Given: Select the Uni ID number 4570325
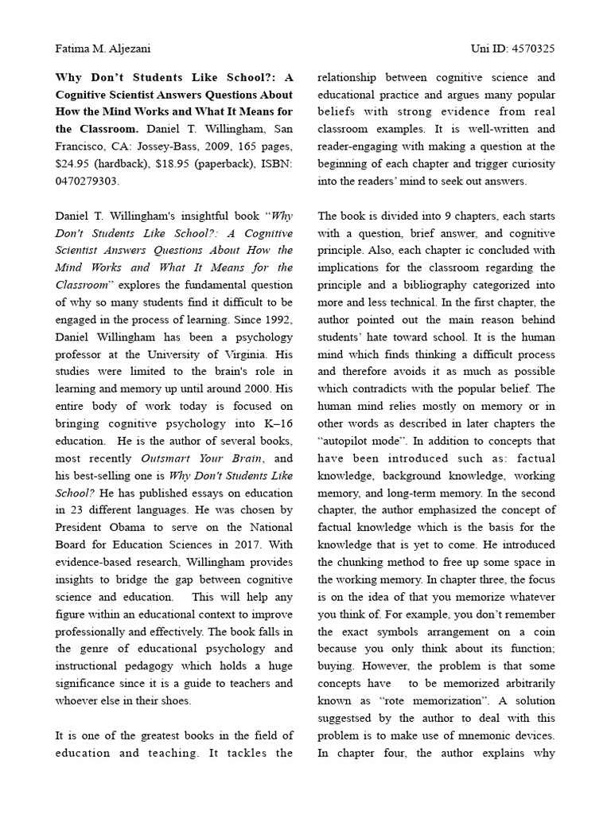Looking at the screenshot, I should click(533, 49).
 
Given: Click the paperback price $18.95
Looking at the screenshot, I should click(165, 164).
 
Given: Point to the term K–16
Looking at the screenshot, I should click(276, 423).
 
